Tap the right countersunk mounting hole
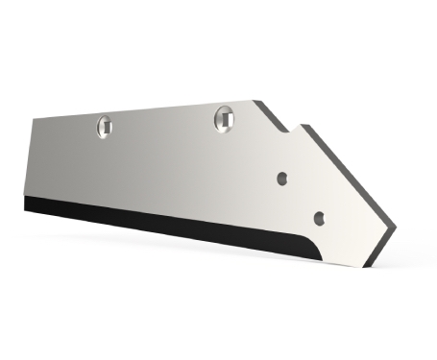224,117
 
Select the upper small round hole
282,177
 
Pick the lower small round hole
320,216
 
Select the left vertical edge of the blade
30,158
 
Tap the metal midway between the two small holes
302,197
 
